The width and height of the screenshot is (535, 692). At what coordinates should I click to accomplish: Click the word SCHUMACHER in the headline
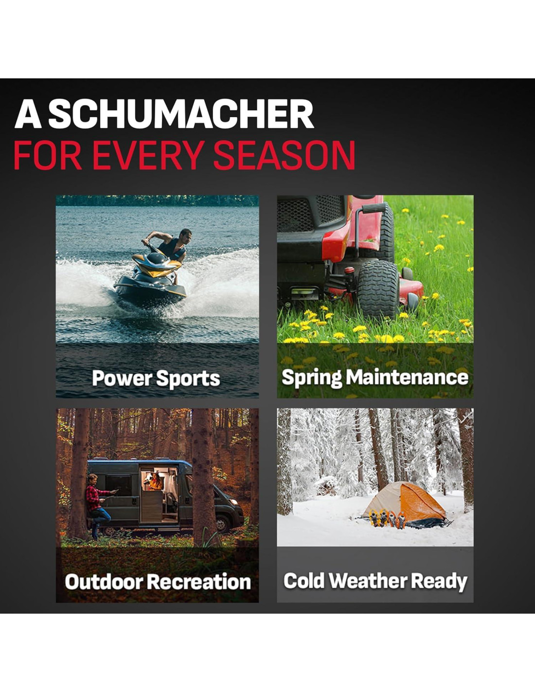(x=181, y=114)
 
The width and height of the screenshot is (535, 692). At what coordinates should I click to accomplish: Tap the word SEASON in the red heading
(x=284, y=155)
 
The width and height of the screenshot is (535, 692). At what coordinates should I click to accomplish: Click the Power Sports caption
(x=156, y=378)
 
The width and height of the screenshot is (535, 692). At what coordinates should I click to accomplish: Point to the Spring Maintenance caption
(x=375, y=378)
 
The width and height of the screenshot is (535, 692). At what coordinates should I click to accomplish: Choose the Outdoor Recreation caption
(x=158, y=582)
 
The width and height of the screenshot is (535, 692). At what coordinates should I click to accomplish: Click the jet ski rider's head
(x=185, y=237)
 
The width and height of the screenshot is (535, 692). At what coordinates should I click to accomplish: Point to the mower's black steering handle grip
(x=374, y=208)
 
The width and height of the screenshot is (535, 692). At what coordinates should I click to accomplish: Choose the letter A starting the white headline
(x=28, y=114)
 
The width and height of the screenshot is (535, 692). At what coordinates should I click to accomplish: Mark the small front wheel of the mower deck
(x=413, y=302)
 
